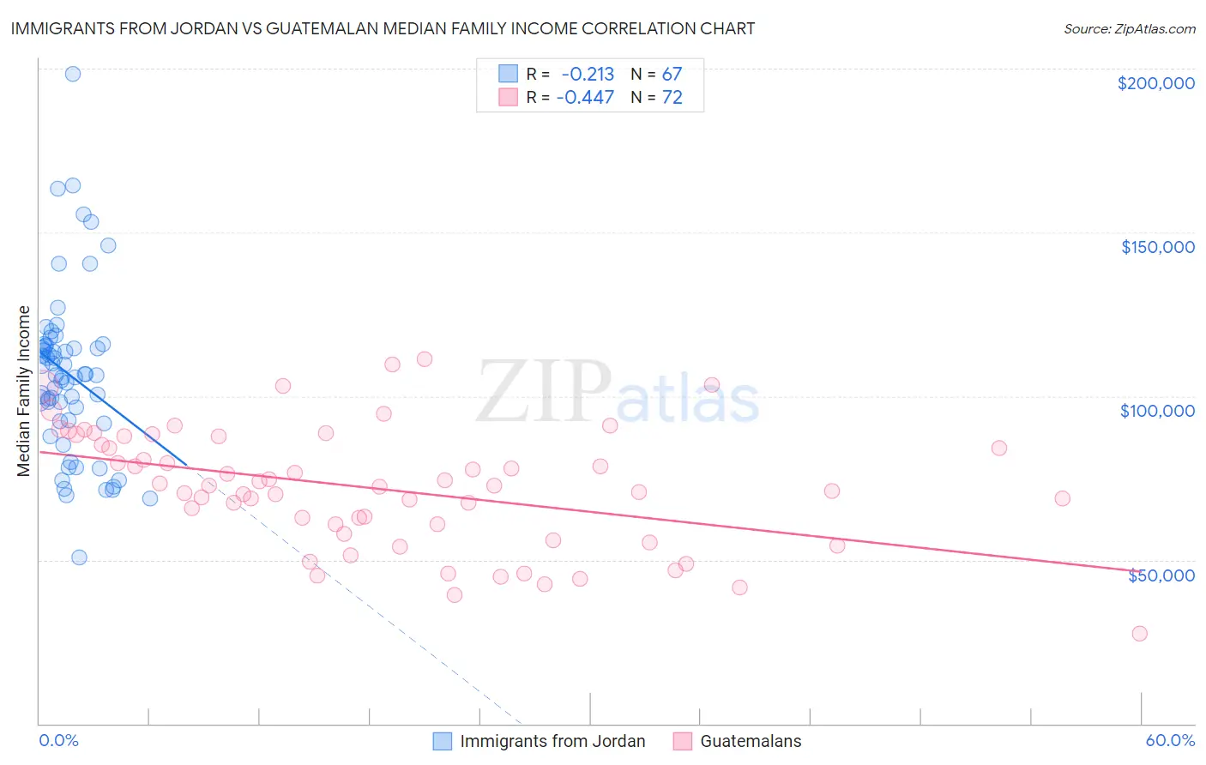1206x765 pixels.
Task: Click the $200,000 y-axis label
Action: pyautogui.click(x=1155, y=83)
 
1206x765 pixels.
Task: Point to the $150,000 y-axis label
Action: pyautogui.click(x=1157, y=247)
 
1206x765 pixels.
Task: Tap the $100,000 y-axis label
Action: pyautogui.click(x=1157, y=411)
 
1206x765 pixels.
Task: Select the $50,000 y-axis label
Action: pyautogui.click(x=1161, y=575)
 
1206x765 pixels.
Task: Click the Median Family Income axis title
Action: pyautogui.click(x=24, y=391)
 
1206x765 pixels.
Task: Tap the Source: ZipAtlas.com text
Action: pyautogui.click(x=1129, y=28)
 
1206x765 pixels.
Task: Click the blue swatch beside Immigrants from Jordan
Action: pyautogui.click(x=442, y=742)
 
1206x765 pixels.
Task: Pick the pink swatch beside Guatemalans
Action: pyautogui.click(x=682, y=742)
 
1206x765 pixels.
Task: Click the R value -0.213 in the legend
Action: pyautogui.click(x=588, y=75)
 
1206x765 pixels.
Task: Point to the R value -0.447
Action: pyautogui.click(x=585, y=98)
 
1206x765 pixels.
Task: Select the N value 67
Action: pyautogui.click(x=672, y=75)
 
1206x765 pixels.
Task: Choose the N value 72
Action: pyautogui.click(x=672, y=98)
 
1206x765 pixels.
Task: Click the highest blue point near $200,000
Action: pyautogui.click(x=73, y=74)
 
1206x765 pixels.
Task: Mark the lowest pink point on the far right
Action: pyautogui.click(x=1139, y=634)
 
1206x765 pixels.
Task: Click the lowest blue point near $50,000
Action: pyautogui.click(x=79, y=557)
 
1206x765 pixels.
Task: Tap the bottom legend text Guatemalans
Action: pyautogui.click(x=751, y=742)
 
